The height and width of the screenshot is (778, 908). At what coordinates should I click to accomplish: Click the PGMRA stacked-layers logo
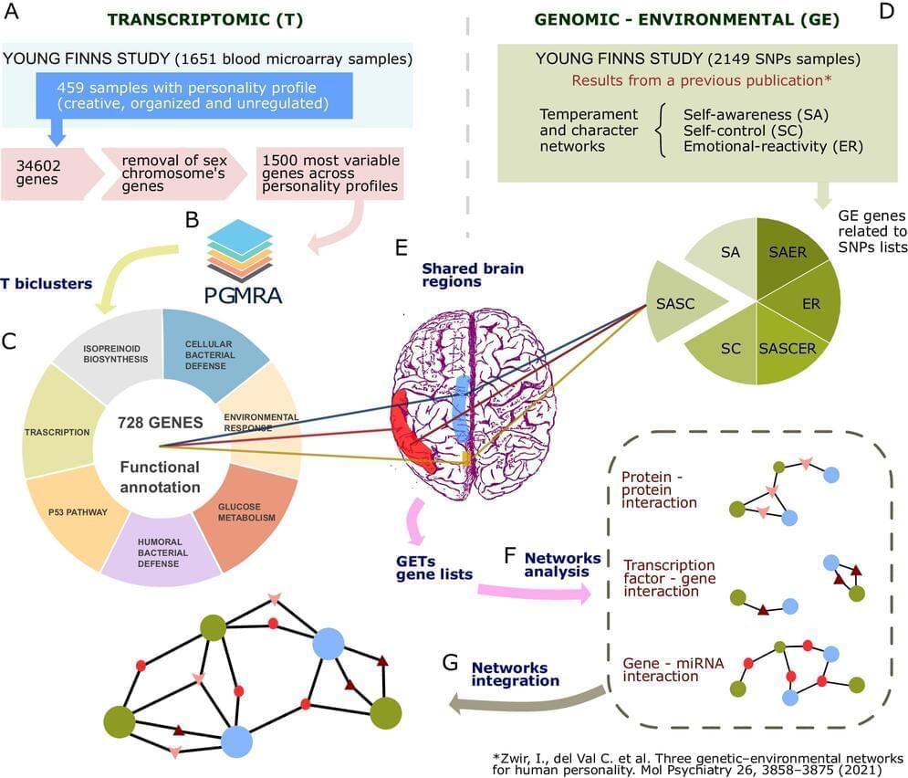238,247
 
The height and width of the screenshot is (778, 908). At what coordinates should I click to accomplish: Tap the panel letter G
450,662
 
